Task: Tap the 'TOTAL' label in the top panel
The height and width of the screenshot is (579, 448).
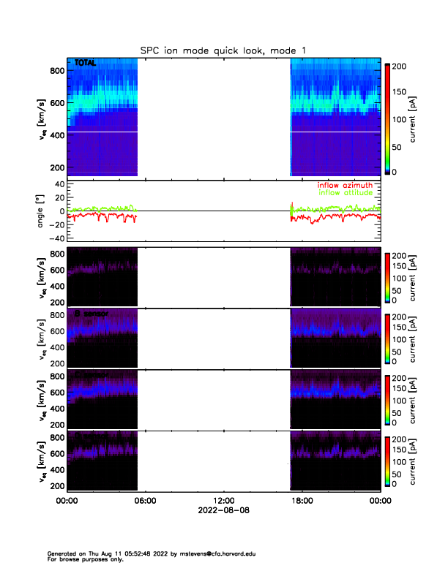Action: coord(86,64)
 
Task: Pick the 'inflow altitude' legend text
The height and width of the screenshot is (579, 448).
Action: coord(346,192)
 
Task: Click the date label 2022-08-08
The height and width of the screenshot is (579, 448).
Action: coord(224,510)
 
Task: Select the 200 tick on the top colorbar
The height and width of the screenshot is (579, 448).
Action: coord(400,66)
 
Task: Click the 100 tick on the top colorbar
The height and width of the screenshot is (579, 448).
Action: coord(400,118)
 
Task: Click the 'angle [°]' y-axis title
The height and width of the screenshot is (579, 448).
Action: coord(41,211)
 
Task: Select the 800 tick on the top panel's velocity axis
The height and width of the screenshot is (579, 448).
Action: coord(55,70)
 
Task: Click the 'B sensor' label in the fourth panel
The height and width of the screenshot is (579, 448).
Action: coord(91,314)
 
